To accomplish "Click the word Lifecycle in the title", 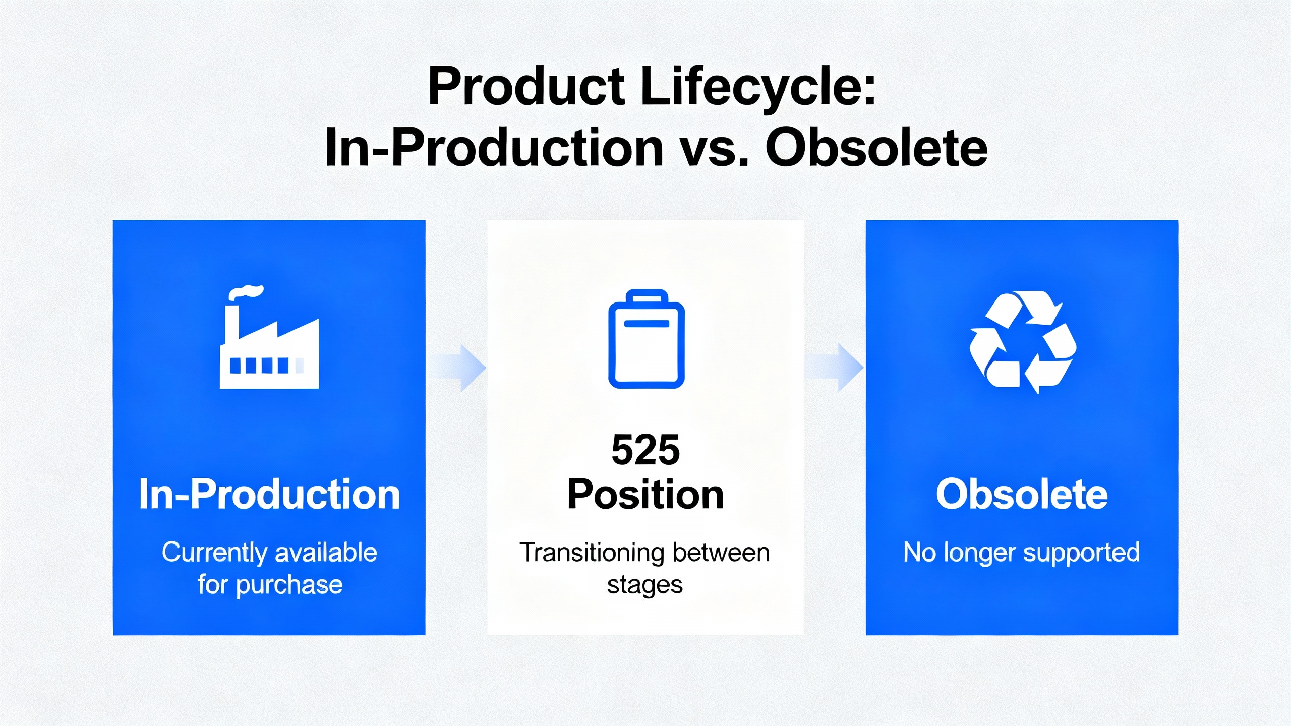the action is [x=757, y=87].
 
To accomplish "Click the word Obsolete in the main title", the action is [x=876, y=147].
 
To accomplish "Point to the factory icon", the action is [x=269, y=337].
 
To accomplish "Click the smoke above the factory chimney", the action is [x=246, y=292].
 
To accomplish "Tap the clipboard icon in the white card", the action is [x=646, y=339].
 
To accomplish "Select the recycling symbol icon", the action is [x=1023, y=342].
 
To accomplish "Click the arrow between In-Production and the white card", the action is [x=457, y=368].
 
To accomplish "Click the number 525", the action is [x=645, y=450].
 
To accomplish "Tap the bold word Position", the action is [x=645, y=495].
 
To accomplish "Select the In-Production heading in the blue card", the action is [x=269, y=494].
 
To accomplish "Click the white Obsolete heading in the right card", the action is [x=1022, y=494].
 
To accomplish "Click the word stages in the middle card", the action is [x=645, y=585].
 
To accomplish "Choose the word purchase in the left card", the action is [x=289, y=585].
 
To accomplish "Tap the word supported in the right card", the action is [x=1082, y=553].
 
